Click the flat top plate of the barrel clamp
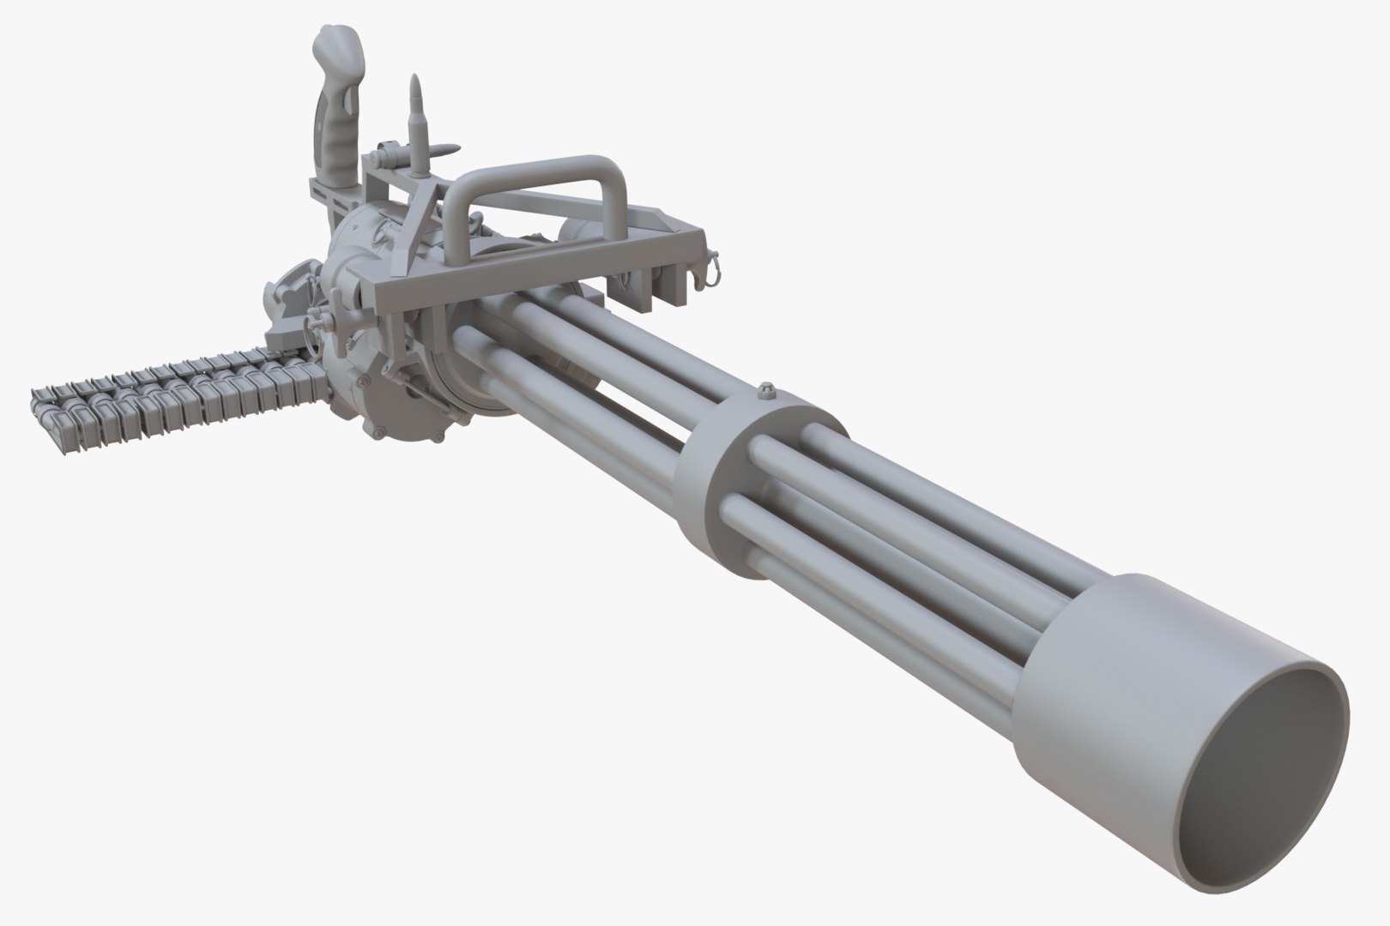click(x=772, y=412)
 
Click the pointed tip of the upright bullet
click(x=416, y=80)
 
